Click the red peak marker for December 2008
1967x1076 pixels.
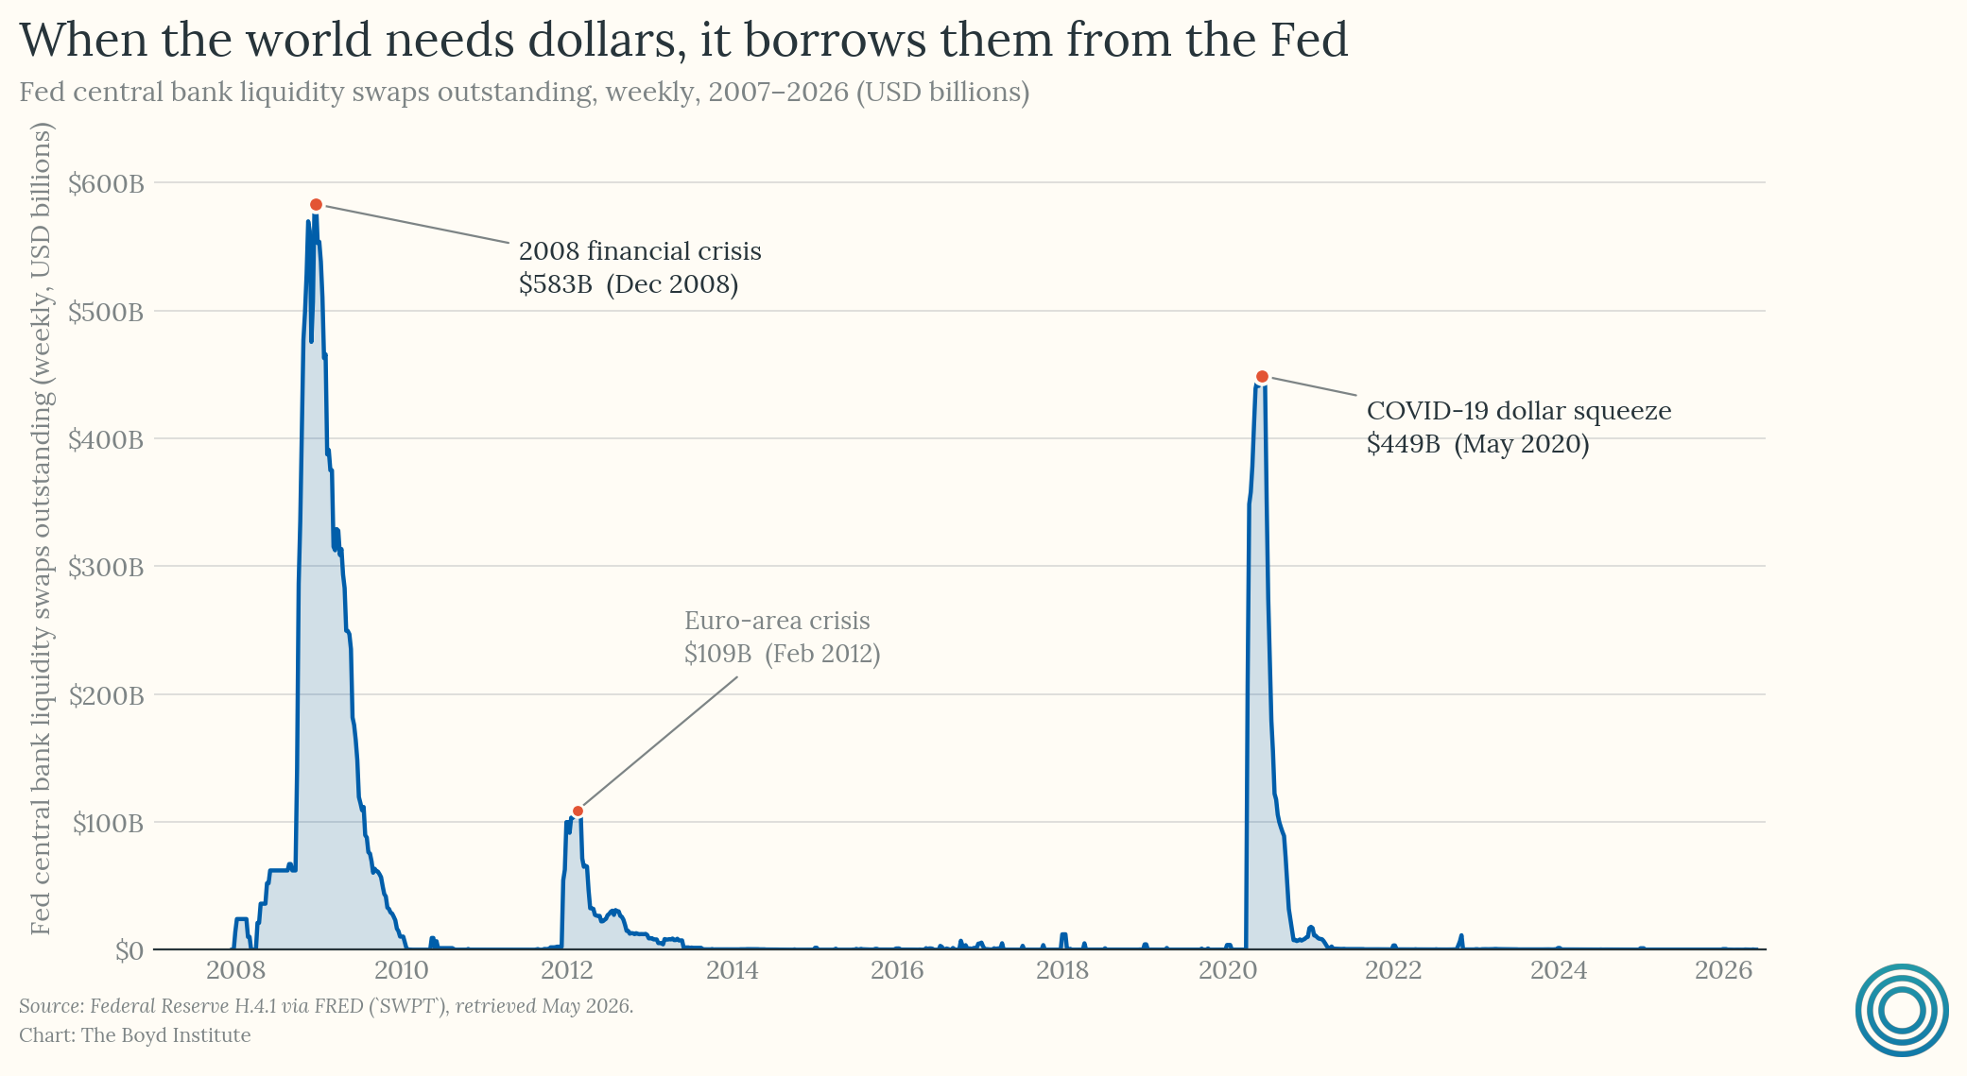point(317,205)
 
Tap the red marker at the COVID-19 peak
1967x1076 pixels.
point(1262,377)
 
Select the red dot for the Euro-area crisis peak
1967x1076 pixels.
point(578,811)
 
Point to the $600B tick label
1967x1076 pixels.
point(106,183)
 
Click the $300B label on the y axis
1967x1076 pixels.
point(106,567)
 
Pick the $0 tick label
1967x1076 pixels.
point(129,950)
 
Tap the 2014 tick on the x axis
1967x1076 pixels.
point(733,970)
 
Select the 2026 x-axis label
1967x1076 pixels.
point(1724,970)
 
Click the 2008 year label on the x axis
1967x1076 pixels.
point(235,970)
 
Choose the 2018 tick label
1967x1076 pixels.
point(1062,970)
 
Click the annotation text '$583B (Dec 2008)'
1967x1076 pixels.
point(629,284)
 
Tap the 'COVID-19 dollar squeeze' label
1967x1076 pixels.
point(1519,411)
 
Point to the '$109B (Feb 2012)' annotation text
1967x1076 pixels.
point(783,654)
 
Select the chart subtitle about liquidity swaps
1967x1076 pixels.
point(525,93)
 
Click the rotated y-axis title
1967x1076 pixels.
point(41,530)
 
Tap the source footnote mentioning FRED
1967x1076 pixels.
point(326,1006)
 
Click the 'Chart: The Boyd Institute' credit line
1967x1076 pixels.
point(135,1035)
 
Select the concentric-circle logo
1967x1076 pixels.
point(1903,1010)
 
